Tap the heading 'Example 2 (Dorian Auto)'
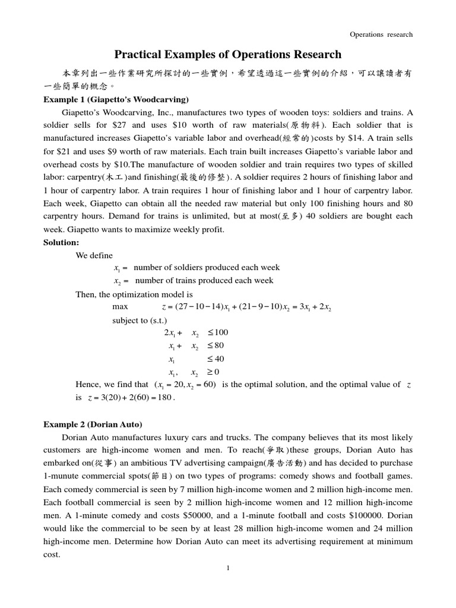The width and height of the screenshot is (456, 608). [93, 425]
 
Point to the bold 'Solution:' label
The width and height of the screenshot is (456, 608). [62, 243]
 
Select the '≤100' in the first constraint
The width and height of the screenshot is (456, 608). [217, 332]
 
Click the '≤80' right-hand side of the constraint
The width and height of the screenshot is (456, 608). [215, 346]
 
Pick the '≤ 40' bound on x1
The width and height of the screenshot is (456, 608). [216, 359]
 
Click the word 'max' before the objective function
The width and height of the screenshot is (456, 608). [119, 307]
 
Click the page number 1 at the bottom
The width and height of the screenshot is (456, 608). [228, 568]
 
